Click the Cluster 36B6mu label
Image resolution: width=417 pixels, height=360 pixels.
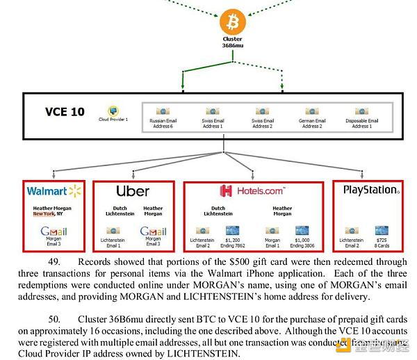[232, 42]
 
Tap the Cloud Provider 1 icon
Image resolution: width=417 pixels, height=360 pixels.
[112, 111]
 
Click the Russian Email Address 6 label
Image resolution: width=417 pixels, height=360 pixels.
[163, 124]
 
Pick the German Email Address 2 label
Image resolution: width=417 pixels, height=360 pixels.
[312, 124]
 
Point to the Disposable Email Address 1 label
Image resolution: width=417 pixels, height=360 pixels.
[361, 124]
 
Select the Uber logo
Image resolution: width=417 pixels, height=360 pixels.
[133, 190]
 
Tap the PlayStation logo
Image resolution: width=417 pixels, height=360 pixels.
[370, 190]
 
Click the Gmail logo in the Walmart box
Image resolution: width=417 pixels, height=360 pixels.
[54, 231]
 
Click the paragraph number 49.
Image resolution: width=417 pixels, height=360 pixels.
[56, 263]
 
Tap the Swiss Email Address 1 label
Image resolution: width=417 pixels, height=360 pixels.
[213, 124]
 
